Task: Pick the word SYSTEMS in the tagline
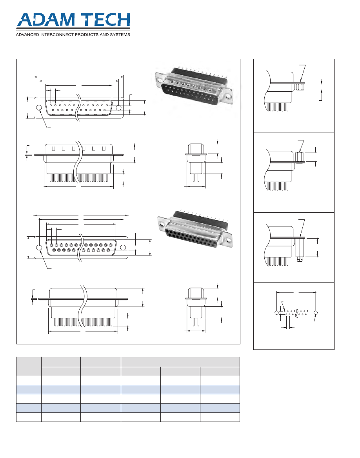pyautogui.click(x=119, y=34)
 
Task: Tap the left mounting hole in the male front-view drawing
pyautogui.click(x=39, y=108)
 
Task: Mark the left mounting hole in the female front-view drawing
pyautogui.click(x=39, y=248)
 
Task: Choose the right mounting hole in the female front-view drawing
pyautogui.click(x=123, y=248)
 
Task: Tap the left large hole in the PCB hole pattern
pyautogui.click(x=276, y=313)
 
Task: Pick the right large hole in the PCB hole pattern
pyautogui.click(x=316, y=313)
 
